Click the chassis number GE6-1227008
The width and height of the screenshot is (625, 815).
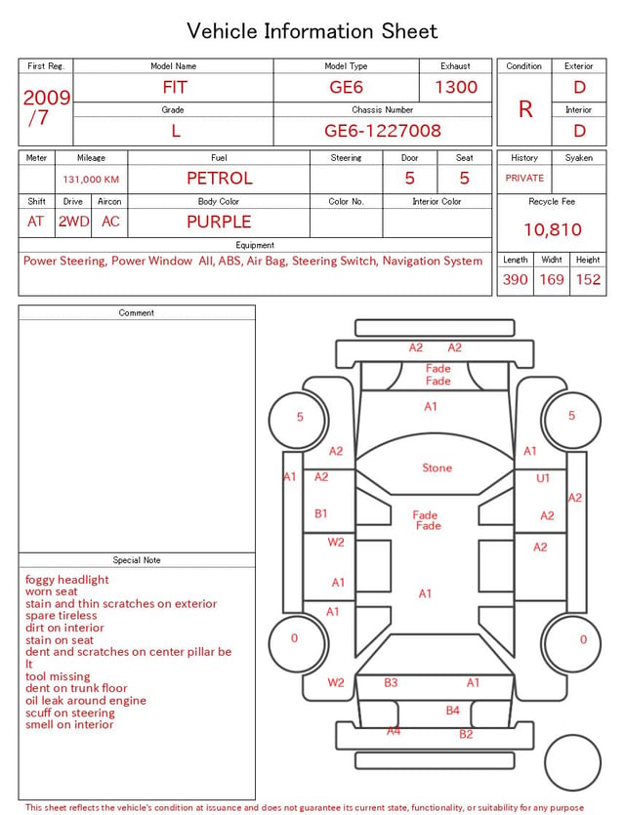click(383, 131)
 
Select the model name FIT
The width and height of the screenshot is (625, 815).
click(175, 87)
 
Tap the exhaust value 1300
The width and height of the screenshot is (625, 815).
click(456, 87)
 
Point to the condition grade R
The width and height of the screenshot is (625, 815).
click(525, 109)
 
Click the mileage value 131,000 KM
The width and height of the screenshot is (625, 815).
click(91, 180)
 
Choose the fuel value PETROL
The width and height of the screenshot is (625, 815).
click(220, 179)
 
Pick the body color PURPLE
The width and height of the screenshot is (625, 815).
click(219, 222)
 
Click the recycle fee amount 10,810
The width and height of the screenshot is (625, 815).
click(552, 229)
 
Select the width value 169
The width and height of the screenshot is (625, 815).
click(552, 279)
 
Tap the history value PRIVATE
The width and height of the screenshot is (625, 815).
click(524, 178)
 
